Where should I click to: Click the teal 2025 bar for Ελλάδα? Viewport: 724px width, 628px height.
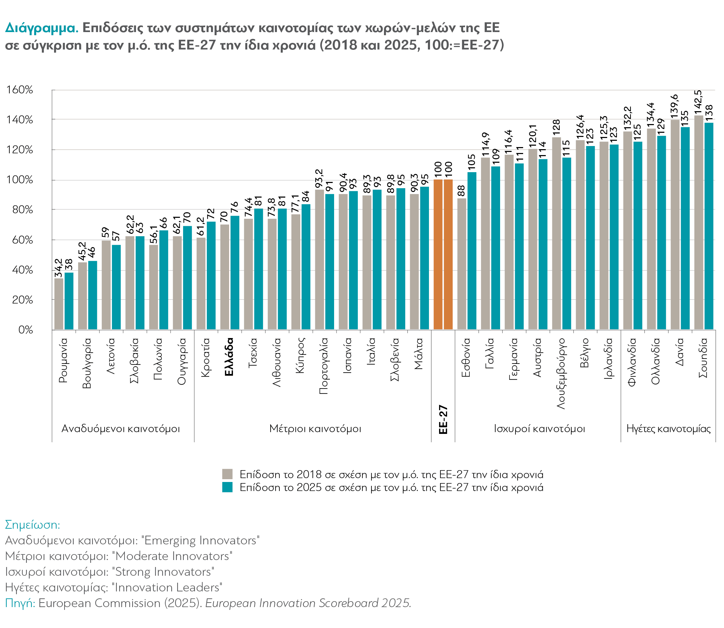[x=235, y=273]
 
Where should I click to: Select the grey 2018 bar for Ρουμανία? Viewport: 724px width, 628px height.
[x=59, y=304]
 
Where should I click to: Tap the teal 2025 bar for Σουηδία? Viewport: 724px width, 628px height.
[x=709, y=226]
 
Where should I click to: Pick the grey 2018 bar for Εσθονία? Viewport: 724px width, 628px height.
[x=462, y=264]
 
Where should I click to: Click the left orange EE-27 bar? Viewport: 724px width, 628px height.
[x=438, y=254]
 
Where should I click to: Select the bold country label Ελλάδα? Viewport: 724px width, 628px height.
[x=229, y=357]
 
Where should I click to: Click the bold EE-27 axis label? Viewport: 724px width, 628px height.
[x=443, y=420]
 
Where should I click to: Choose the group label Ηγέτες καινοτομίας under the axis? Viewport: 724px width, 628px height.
[x=668, y=429]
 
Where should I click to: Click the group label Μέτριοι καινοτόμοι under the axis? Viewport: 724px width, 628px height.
[x=315, y=429]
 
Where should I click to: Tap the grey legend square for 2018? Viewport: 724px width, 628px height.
[x=227, y=474]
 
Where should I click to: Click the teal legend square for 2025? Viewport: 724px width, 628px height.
[x=227, y=487]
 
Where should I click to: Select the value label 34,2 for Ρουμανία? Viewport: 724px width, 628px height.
[x=58, y=268]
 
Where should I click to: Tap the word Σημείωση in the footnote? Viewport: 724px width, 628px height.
[x=32, y=525]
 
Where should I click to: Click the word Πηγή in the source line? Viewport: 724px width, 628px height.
[x=20, y=603]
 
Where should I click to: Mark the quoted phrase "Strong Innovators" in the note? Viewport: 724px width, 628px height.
[x=163, y=572]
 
